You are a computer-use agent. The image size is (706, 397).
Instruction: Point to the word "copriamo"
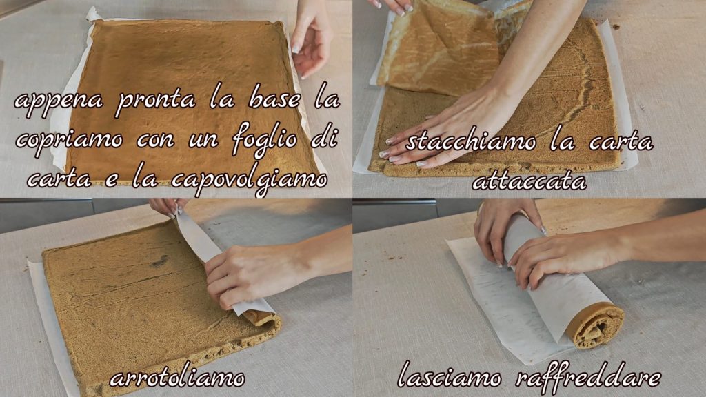click(x=69, y=141)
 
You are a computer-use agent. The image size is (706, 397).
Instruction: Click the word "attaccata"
click(x=529, y=181)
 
